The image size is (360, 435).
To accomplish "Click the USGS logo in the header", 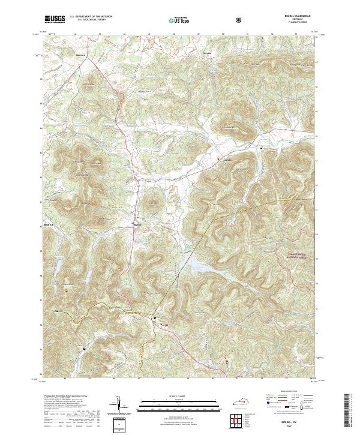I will (x=55, y=20).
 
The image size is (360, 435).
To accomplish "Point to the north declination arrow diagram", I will (x=119, y=406).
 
